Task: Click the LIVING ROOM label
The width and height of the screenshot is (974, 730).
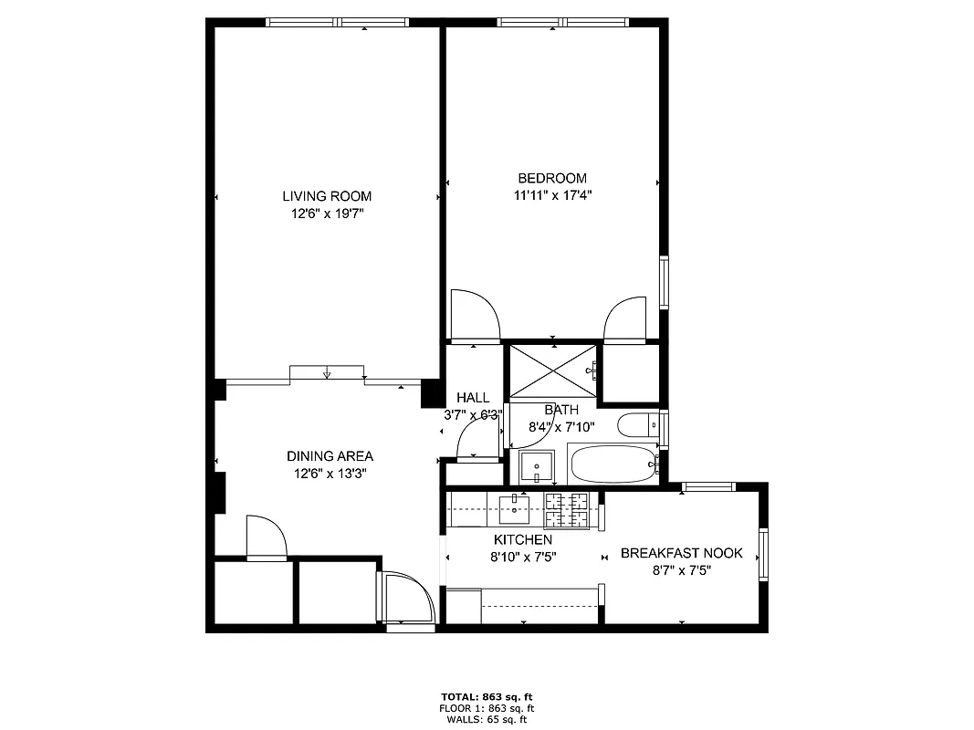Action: (326, 196)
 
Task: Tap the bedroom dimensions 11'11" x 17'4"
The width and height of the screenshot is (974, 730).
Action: (552, 194)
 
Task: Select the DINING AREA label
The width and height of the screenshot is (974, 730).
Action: (330, 456)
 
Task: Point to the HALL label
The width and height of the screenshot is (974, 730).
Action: (473, 398)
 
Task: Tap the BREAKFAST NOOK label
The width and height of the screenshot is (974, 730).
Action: (681, 553)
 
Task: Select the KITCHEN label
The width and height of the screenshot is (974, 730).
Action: (522, 540)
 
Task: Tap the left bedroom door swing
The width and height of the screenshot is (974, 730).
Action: (476, 316)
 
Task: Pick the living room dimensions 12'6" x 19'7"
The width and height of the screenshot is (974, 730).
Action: (326, 214)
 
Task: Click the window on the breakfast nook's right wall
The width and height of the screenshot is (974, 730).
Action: (763, 553)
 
